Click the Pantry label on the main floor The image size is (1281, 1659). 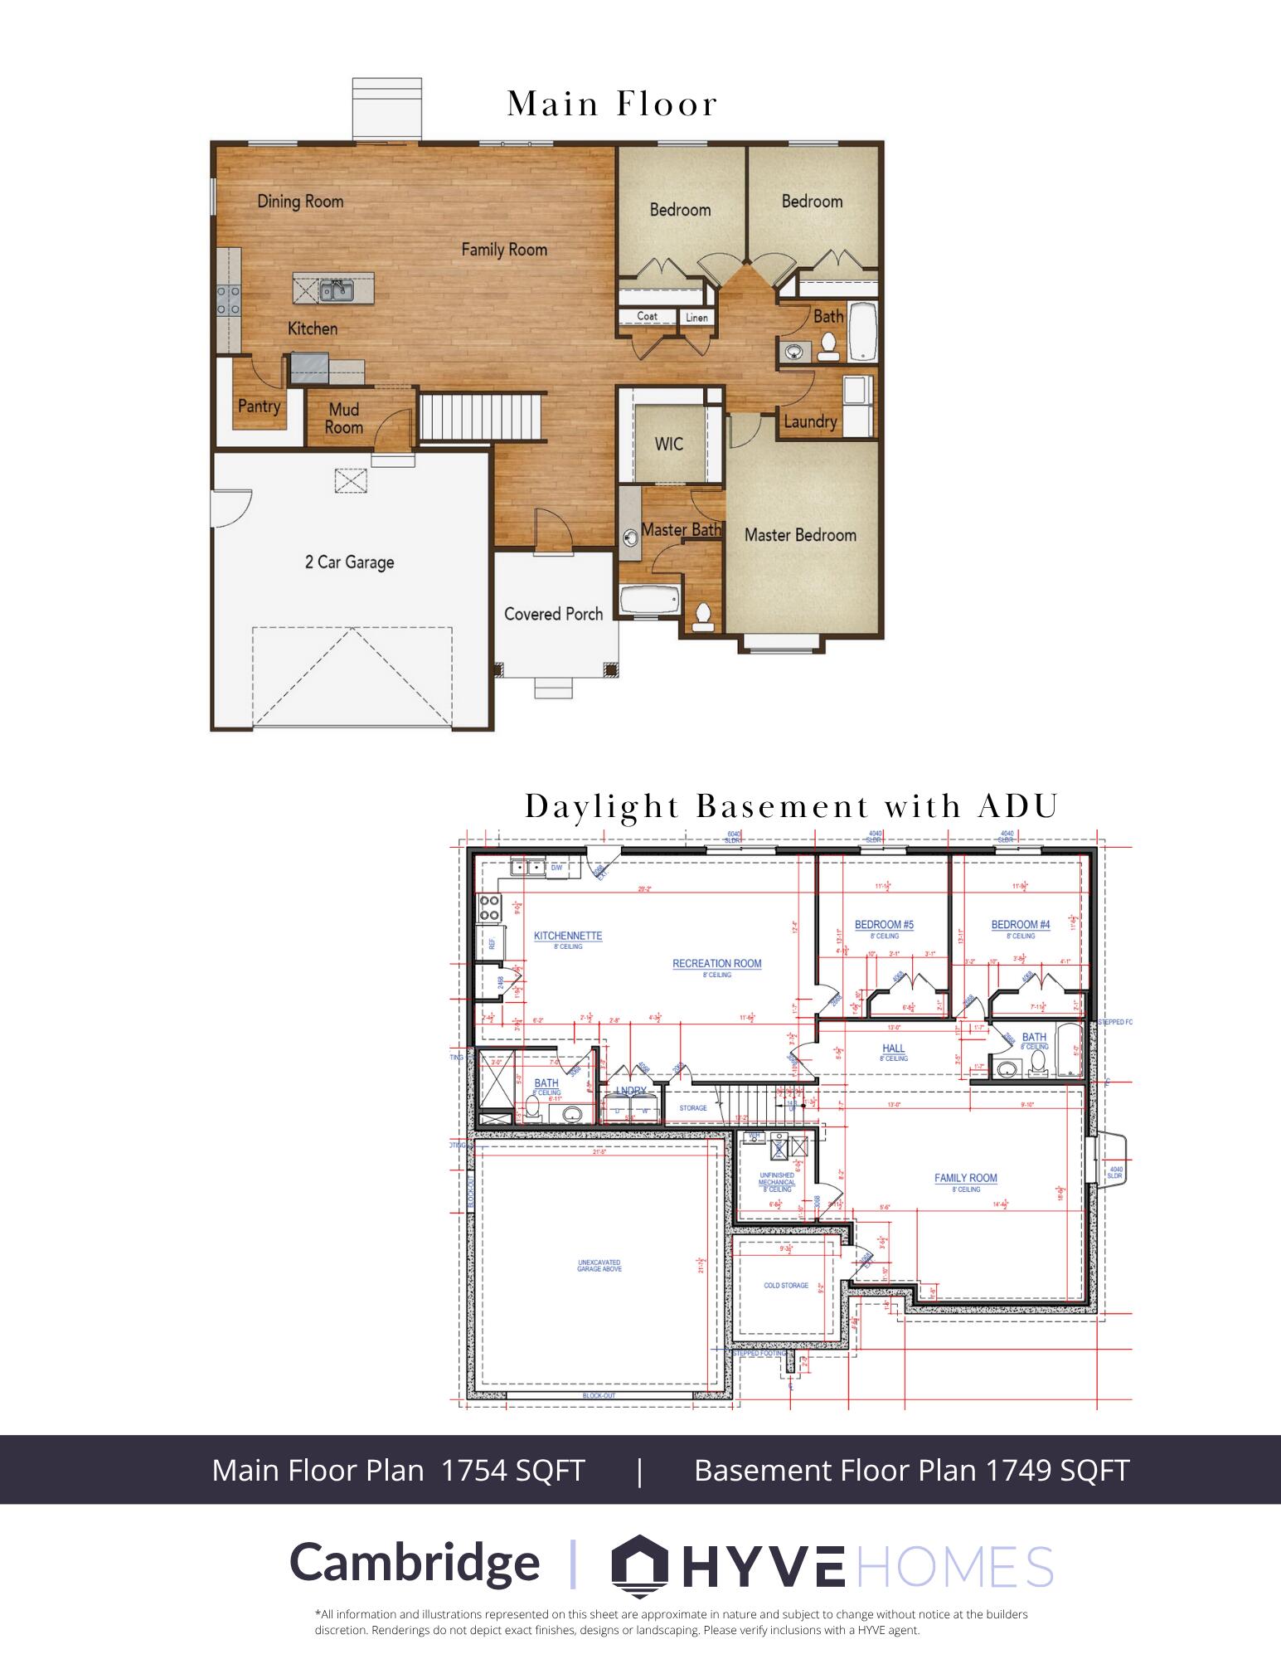point(259,406)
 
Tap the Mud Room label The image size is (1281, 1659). point(343,418)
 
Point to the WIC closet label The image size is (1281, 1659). point(668,444)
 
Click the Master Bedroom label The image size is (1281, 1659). point(799,535)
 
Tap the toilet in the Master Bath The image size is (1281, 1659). point(703,616)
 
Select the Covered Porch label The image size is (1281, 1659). point(553,614)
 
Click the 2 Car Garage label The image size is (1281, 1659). point(349,562)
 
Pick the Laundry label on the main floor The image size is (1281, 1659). point(810,421)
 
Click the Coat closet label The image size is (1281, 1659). point(647,316)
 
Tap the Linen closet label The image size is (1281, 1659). point(696,318)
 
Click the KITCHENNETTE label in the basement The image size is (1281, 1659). point(568,936)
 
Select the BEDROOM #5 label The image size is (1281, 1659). point(884,925)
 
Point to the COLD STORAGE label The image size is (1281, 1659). point(785,1286)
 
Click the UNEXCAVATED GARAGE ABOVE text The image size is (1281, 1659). point(599,1265)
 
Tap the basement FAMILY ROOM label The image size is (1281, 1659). point(965,1178)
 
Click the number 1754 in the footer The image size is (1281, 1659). point(474,1470)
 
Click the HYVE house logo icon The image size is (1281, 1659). point(639,1563)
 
